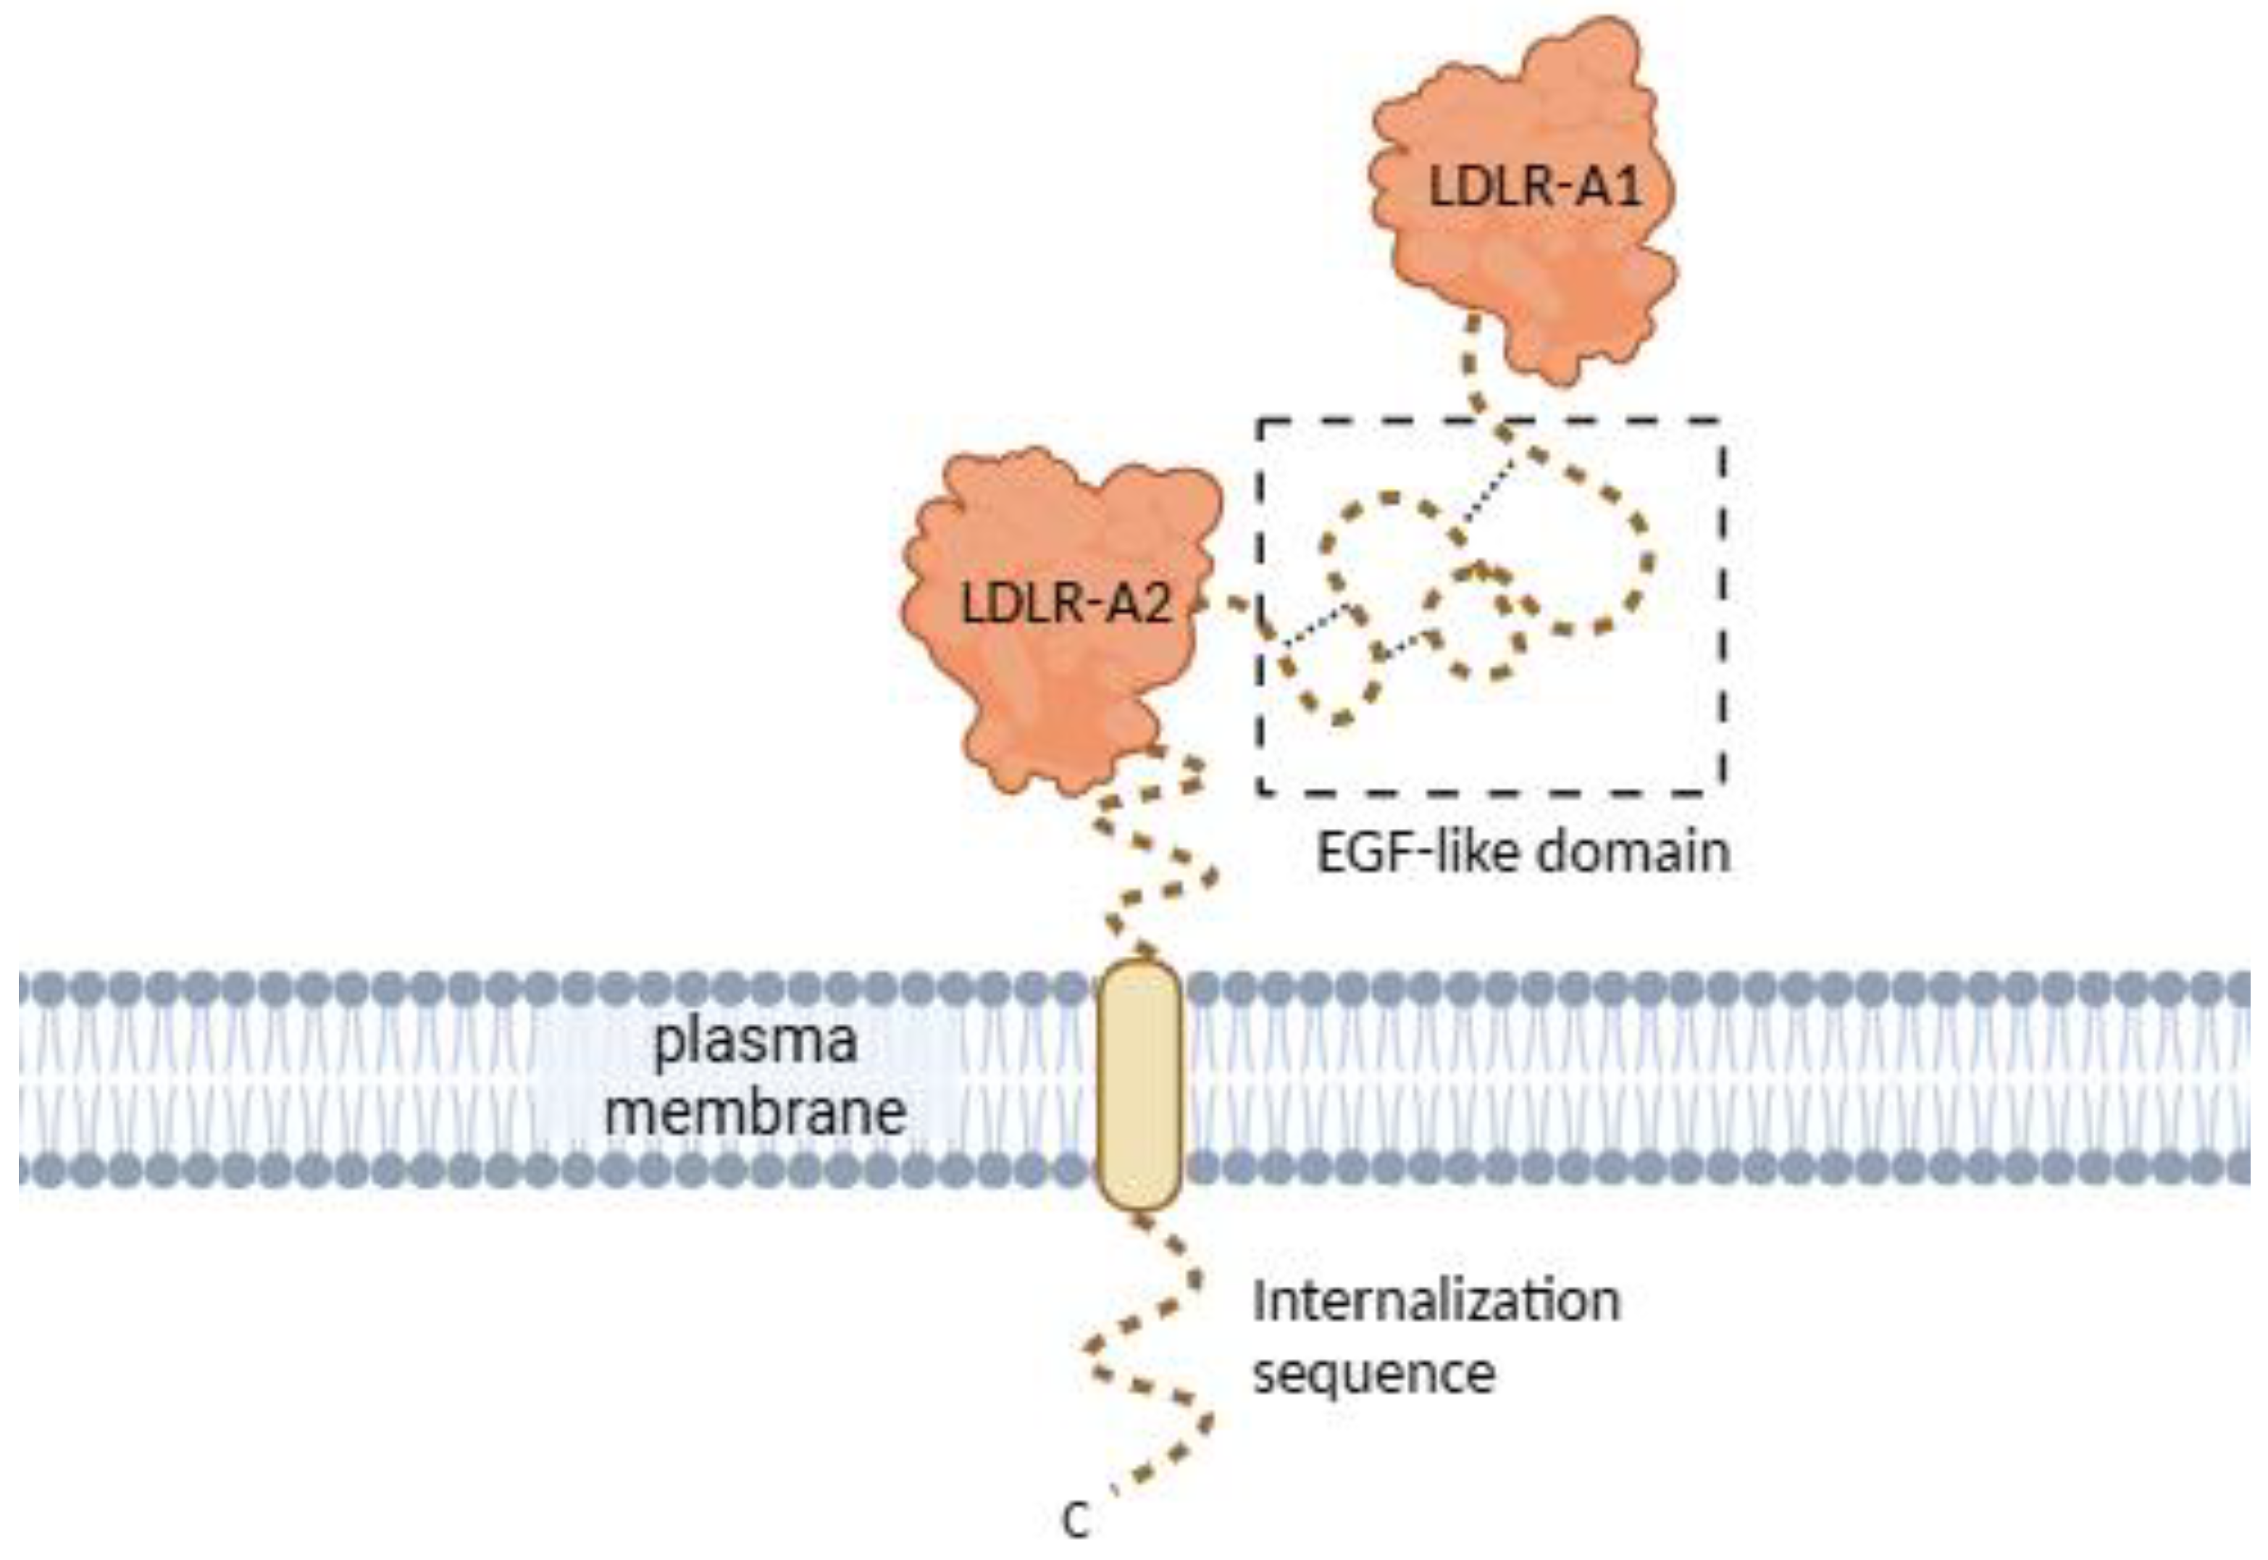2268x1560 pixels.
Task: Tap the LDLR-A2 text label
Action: (x=1065, y=605)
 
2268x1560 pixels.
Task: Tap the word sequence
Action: (x=1373, y=1373)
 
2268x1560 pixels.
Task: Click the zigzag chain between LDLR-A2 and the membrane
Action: (x=1153, y=860)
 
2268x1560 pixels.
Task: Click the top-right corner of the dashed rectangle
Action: (x=1722, y=422)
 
